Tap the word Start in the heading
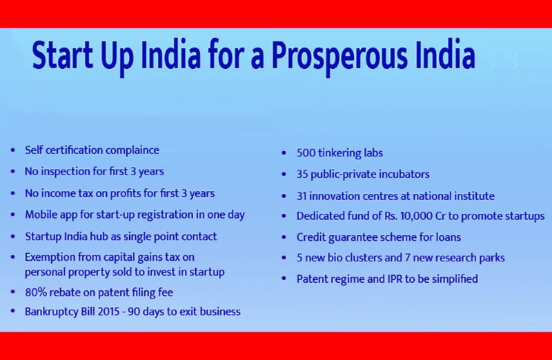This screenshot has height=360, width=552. [x=63, y=55]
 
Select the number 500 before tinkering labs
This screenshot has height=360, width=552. [x=306, y=152]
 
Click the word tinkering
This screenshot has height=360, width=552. [x=340, y=153]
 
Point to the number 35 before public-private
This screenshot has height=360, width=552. [x=302, y=174]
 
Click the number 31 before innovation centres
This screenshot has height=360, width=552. [x=302, y=196]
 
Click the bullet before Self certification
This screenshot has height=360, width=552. [x=13, y=150]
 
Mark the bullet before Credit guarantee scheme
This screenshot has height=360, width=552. [x=284, y=237]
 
